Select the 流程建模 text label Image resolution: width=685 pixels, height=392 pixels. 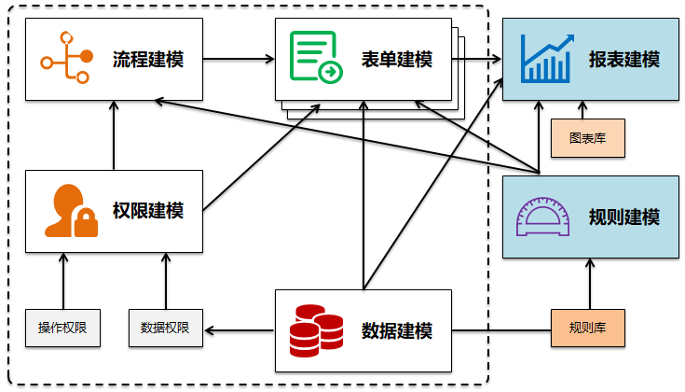[148, 60]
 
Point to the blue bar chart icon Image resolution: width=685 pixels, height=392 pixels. [546, 59]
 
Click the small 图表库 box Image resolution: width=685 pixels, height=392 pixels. [587, 137]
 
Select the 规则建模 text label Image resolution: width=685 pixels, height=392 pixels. [623, 217]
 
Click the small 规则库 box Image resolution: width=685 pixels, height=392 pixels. [587, 329]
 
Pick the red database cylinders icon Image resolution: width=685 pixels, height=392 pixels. [316, 329]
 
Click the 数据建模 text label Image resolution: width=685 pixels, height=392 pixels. [396, 330]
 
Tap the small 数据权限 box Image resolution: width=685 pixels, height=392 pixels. [165, 329]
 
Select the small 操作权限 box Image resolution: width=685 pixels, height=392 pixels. [62, 329]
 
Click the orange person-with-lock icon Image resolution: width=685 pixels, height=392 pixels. [71, 211]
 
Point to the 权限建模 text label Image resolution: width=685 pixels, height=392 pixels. [148, 211]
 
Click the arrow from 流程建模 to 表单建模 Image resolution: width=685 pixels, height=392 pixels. [239, 60]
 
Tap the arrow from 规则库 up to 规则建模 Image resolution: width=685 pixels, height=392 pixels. [587, 285]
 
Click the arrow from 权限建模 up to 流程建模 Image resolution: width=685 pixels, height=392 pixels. [113, 135]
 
